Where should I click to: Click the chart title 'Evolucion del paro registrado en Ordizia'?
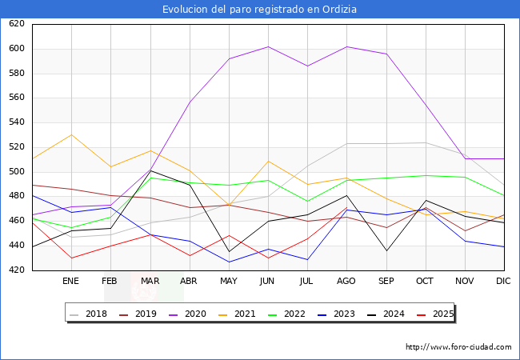259,10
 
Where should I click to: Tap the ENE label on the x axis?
71,282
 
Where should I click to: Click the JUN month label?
267,282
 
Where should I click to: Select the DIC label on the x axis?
503,282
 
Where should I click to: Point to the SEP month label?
386,282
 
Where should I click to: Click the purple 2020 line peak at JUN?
267,46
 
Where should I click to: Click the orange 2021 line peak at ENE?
71,134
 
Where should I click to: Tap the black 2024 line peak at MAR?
150,170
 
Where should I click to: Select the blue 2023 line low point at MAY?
228,262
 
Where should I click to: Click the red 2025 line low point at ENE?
71,258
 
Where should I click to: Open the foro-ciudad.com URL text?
458,347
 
